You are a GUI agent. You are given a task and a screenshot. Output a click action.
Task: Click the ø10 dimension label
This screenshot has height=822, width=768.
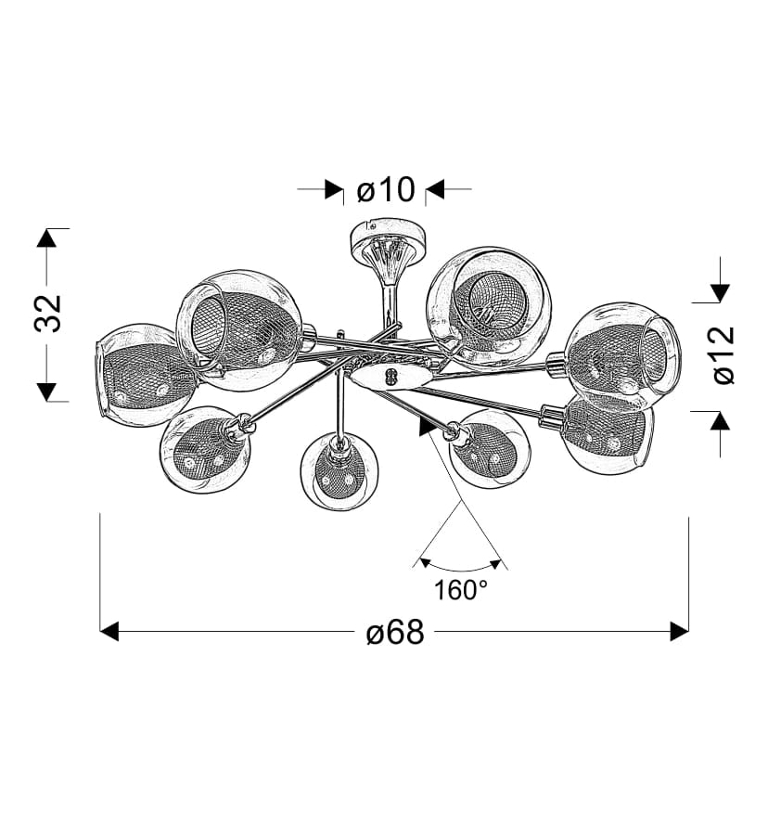tap(386, 190)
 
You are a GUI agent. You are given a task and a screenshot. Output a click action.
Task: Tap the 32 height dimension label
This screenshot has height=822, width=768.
tap(48, 314)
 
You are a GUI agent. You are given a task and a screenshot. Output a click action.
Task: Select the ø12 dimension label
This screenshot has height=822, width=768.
tap(724, 355)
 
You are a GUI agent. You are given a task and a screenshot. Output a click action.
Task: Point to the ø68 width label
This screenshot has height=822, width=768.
tap(395, 632)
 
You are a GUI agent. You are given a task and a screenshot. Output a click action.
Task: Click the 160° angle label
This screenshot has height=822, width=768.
tap(461, 591)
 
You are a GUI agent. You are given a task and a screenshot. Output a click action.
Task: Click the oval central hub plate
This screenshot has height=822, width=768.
tap(392, 377)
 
